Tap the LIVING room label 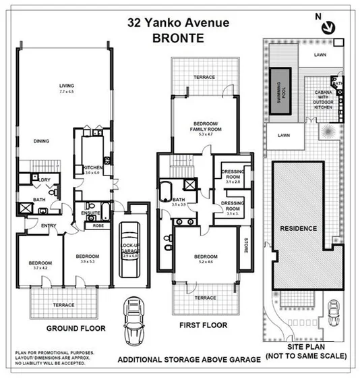tap(66, 86)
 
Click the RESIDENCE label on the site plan tap(298, 228)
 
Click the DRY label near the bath tap(45, 180)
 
